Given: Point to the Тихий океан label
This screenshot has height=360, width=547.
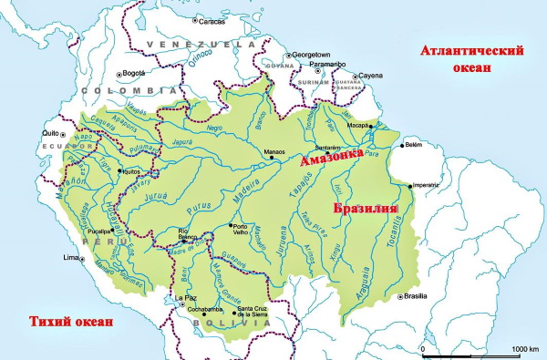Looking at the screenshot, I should tap(71, 321).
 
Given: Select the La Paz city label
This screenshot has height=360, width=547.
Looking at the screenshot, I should tap(186, 298).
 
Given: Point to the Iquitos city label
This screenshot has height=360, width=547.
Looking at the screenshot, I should tap(132, 170).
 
